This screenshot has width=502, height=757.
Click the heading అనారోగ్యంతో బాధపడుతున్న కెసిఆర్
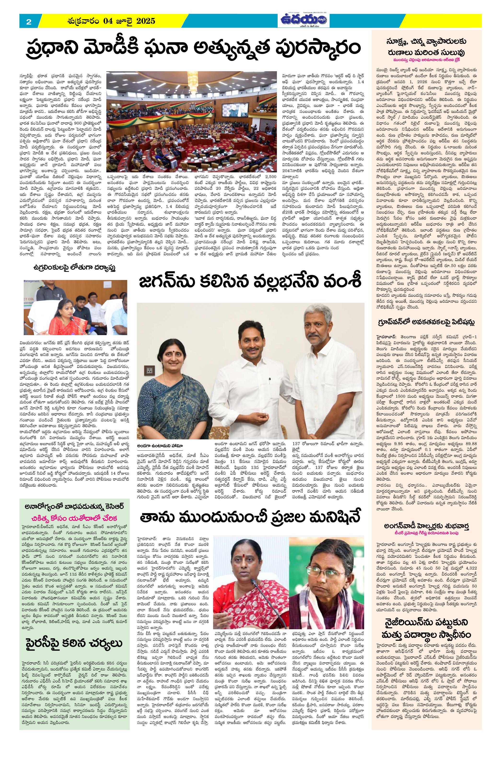(x=75, y=507)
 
